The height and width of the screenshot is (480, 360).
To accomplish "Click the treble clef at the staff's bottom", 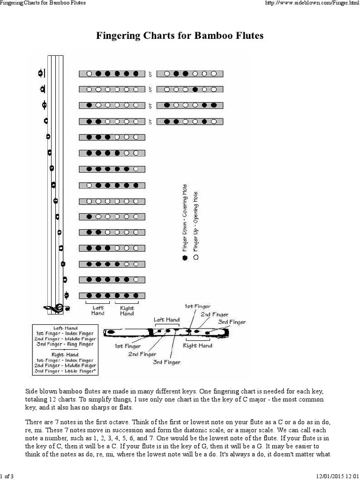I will pyautogui.click(x=58, y=308).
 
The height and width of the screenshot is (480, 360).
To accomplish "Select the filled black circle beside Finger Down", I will pyautogui.click(x=185, y=257).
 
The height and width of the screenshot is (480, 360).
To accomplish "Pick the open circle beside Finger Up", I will pyautogui.click(x=195, y=257).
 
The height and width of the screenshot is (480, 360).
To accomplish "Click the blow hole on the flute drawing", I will pyautogui.click(x=111, y=332).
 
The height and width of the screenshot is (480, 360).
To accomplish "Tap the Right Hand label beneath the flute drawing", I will pyautogui.click(x=197, y=346).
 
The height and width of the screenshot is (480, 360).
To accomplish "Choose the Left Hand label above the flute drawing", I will pyautogui.click(x=167, y=320).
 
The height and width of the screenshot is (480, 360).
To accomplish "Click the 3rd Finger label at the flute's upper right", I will pyautogui.click(x=232, y=322).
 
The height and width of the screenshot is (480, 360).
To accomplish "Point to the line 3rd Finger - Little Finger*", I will pyautogui.click(x=65, y=371).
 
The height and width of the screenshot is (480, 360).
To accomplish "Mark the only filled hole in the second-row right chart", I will pyautogui.click(x=195, y=89).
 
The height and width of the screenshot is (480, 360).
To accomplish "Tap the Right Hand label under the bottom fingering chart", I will pyautogui.click(x=127, y=311).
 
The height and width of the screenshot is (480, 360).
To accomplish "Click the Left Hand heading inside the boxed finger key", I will pyautogui.click(x=65, y=328).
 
